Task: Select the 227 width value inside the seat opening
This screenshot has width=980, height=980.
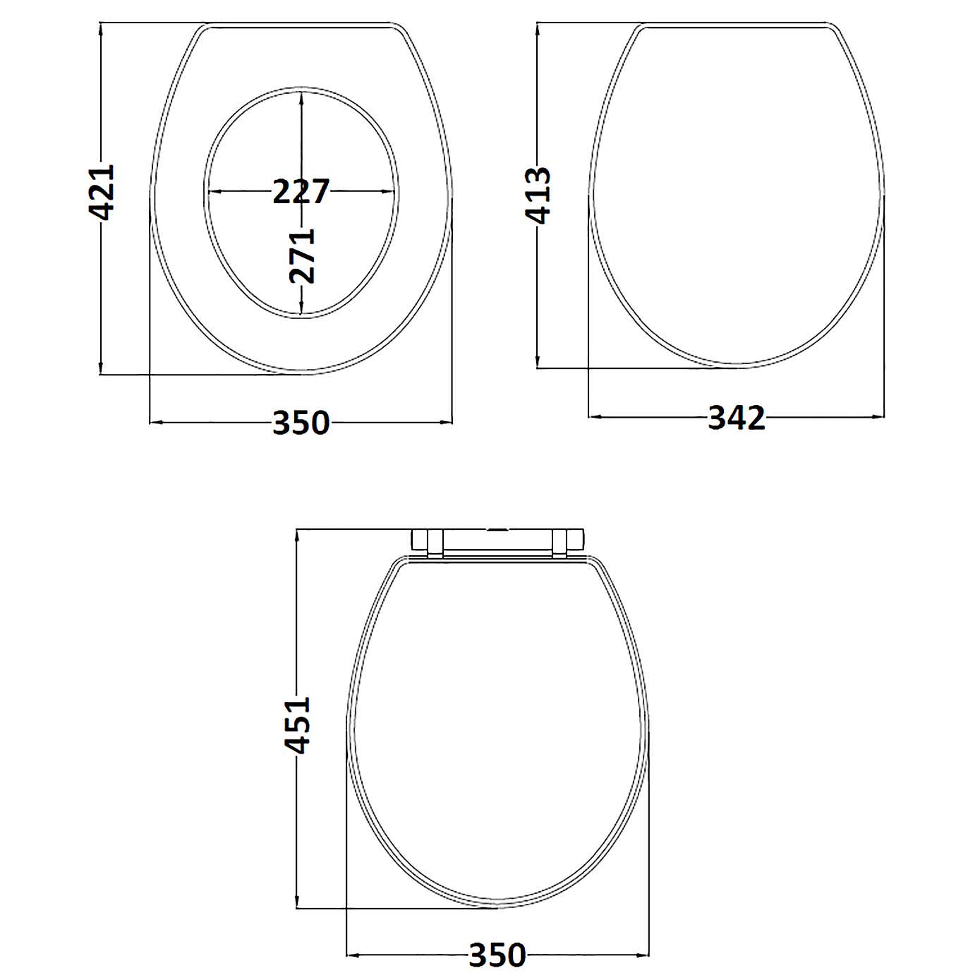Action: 301,191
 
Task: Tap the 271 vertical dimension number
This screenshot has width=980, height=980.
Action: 302,255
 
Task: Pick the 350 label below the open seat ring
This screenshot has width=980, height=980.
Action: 301,423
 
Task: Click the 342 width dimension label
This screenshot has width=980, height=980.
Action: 737,418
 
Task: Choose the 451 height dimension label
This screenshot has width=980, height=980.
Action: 298,725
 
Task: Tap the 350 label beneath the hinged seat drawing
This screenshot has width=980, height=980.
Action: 497,955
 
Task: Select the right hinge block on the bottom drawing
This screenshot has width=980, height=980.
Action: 567,541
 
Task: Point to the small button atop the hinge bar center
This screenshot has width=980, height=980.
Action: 498,528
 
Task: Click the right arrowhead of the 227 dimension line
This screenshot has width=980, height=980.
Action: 389,191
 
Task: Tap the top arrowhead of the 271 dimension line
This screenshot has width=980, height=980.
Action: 301,97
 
